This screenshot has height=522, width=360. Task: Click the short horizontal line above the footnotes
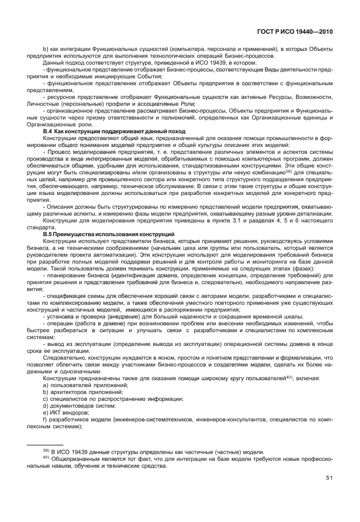[46, 445]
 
